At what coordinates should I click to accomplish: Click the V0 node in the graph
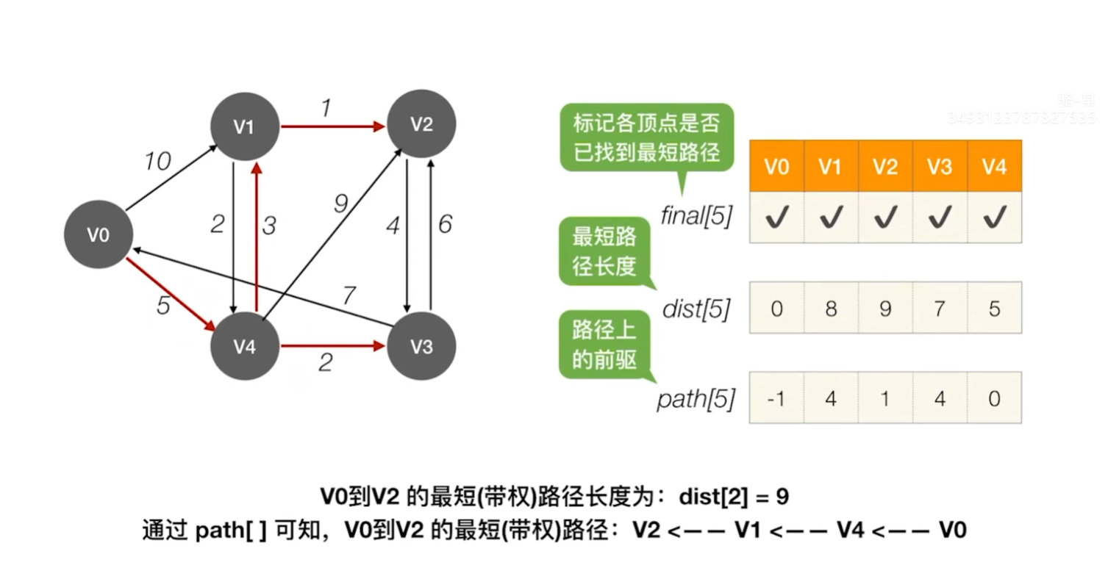coord(98,235)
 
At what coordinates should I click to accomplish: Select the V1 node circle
coord(244,126)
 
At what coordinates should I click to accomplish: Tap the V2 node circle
coord(421,124)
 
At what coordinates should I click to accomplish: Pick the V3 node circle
coord(421,347)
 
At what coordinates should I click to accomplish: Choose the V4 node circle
coord(244,347)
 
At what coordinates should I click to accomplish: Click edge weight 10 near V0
coord(157,161)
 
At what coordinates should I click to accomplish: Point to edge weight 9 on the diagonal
coord(340,204)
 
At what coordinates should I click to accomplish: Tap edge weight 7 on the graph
coord(349,295)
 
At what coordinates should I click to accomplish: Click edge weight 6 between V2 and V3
coord(445,224)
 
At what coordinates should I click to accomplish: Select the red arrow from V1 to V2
coord(332,126)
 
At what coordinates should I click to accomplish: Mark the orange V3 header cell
coord(939,167)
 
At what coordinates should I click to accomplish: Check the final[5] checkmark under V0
coord(776,218)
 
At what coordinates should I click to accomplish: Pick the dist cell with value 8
coord(830,308)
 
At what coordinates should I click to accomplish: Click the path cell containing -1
coord(776,398)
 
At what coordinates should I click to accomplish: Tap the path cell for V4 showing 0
coord(994,398)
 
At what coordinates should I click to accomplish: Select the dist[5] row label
coord(696,309)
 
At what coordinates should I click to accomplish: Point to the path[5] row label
coord(696,400)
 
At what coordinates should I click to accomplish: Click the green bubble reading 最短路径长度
coord(604,251)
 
